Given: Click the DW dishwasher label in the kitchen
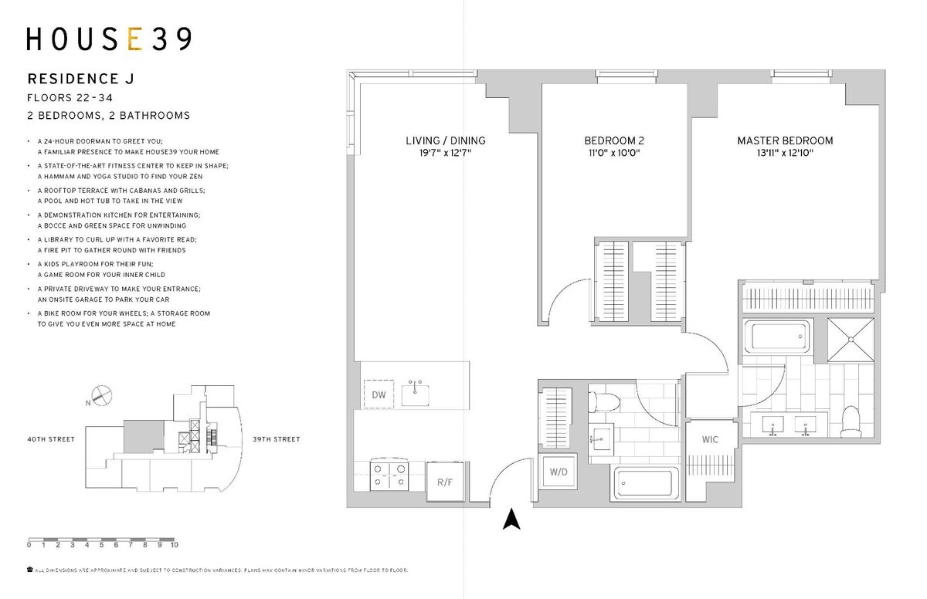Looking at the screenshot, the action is pos(379,394).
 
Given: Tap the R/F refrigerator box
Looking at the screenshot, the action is pos(445,481).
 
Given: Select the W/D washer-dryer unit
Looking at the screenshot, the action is pos(559,472).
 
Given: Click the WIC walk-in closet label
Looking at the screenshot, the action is pos(710,439).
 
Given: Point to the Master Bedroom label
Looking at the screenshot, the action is pos(785,140).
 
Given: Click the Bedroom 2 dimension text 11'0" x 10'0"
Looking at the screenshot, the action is pos(614,153).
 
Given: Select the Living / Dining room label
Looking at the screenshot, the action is pos(445,140).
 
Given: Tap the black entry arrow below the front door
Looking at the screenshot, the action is pos(511,519).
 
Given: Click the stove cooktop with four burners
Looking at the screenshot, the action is pos(389,475).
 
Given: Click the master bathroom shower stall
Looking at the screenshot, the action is pos(851,340).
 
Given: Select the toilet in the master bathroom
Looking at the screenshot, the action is pos(851,421).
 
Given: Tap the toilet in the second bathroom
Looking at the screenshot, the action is pos(604,402).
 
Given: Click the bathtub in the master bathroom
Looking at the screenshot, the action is pos(778,337).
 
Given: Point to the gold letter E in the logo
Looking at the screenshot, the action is pos(135,39).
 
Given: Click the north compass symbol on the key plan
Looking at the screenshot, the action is pos(101,396).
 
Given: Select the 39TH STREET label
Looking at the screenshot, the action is pos(277,439).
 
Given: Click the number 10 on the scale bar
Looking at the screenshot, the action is pos(175,545).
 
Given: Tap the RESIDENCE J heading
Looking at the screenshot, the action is pos(81,79).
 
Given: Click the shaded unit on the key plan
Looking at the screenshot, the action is pos(144,437).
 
